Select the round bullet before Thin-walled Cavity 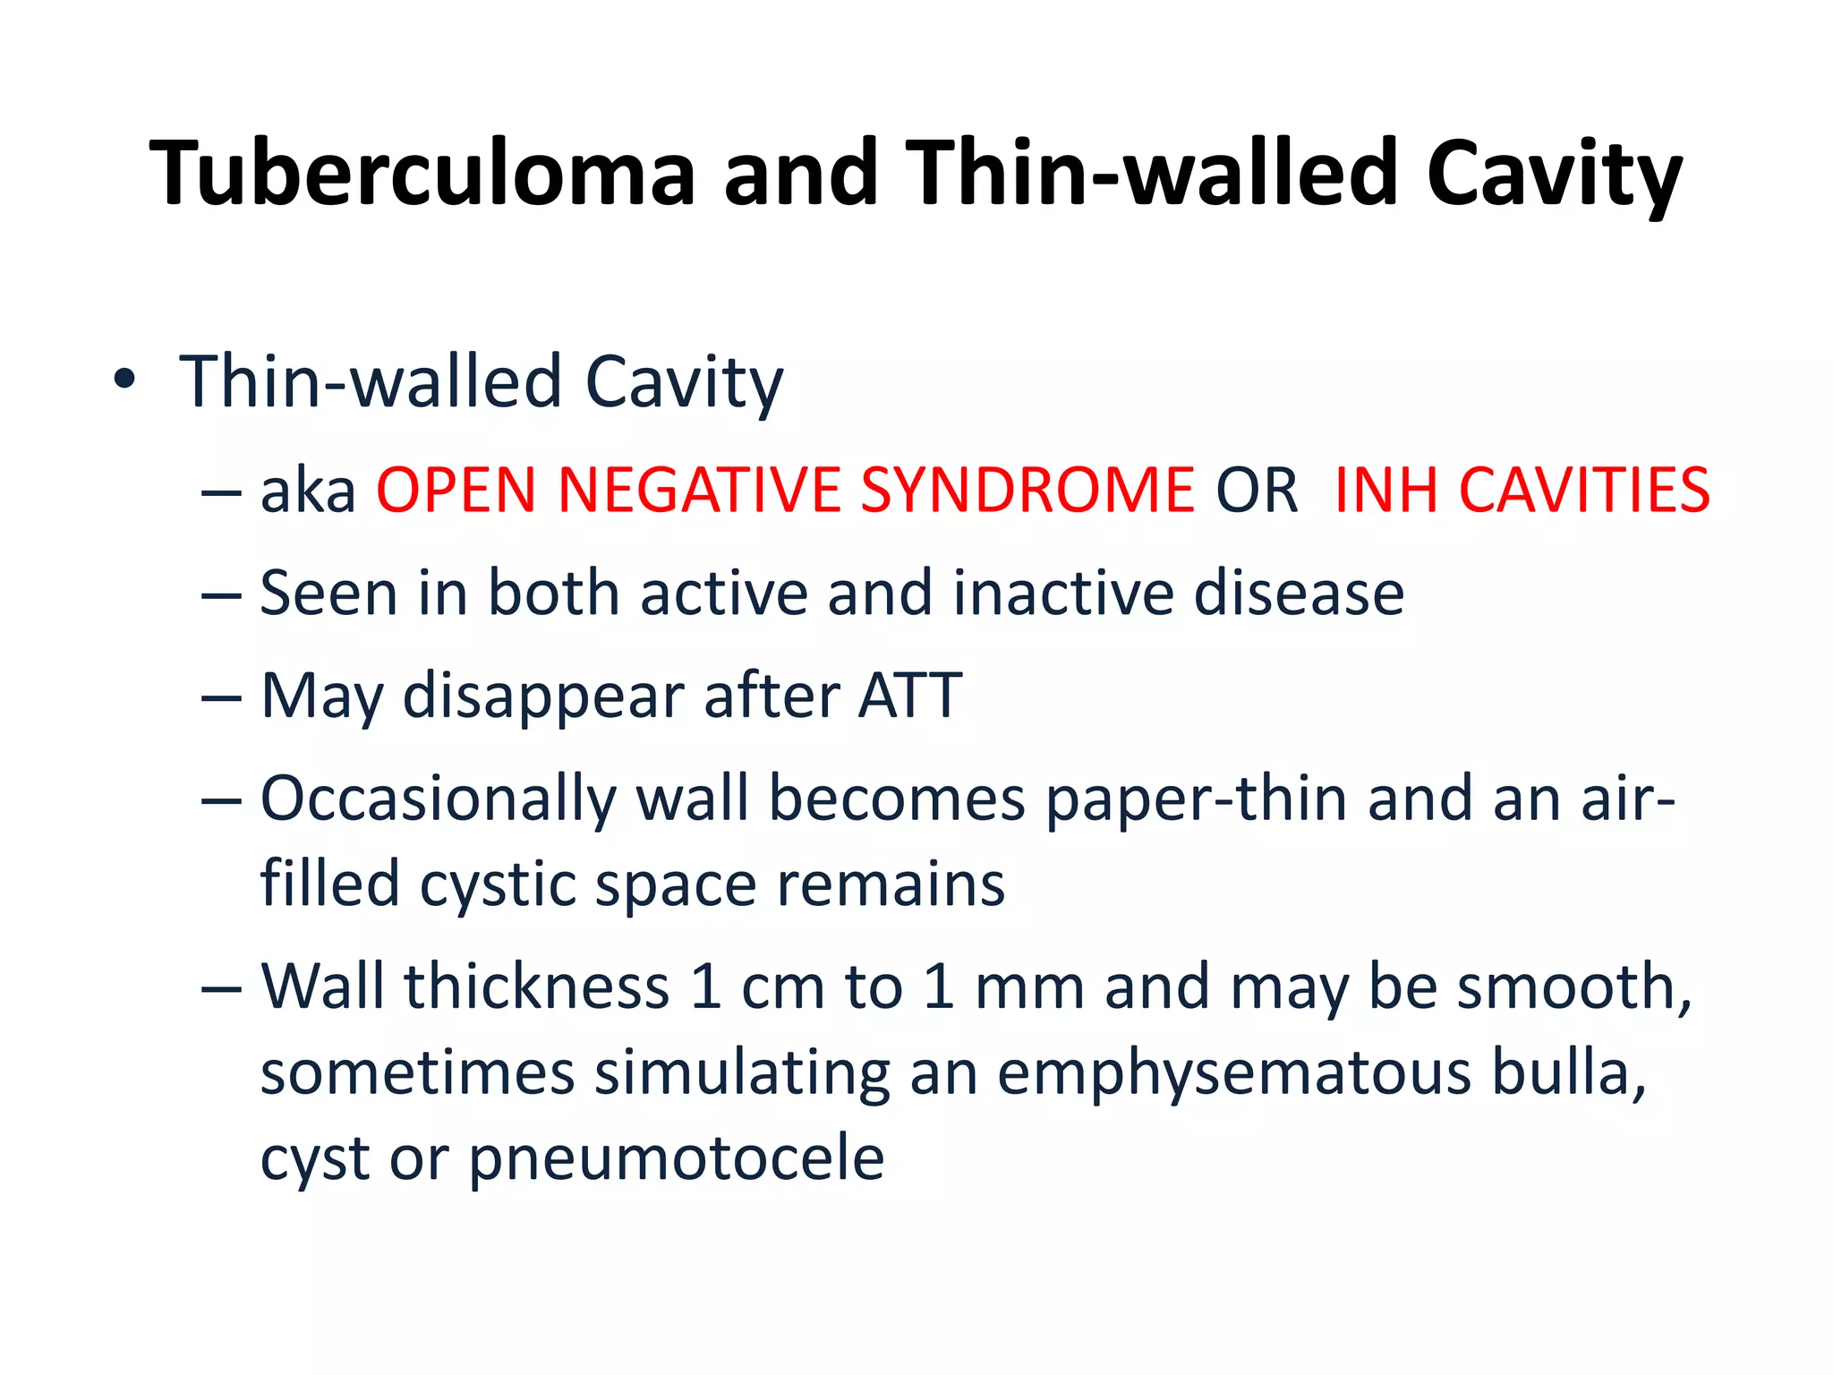click(124, 381)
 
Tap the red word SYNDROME click(1027, 491)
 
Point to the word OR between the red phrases click(1256, 491)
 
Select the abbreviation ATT click(909, 696)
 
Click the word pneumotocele click(677, 1159)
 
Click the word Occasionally click(438, 799)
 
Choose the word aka click(308, 491)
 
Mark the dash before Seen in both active click(221, 594)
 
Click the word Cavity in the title click(1554, 175)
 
